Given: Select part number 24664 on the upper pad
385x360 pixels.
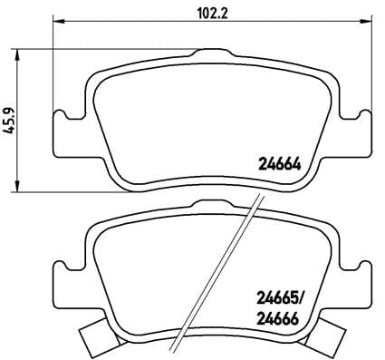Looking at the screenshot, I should (279, 165).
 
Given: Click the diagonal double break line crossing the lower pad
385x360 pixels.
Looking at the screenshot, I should (217, 272).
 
